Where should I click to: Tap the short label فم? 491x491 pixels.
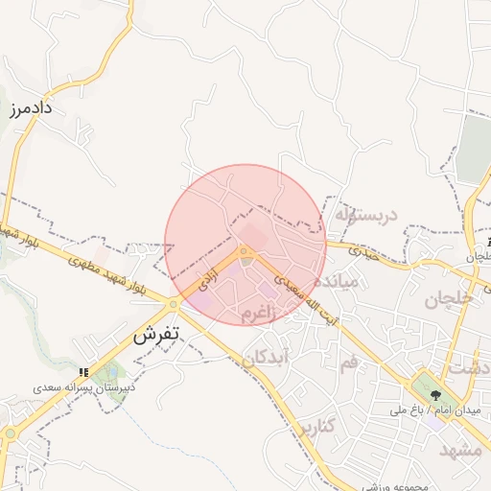pyautogui.click(x=348, y=362)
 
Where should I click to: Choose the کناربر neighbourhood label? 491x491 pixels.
pyautogui.click(x=316, y=425)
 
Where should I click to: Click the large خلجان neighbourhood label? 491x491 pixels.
pyautogui.click(x=448, y=298)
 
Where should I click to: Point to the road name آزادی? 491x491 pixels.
pyautogui.click(x=208, y=280)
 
